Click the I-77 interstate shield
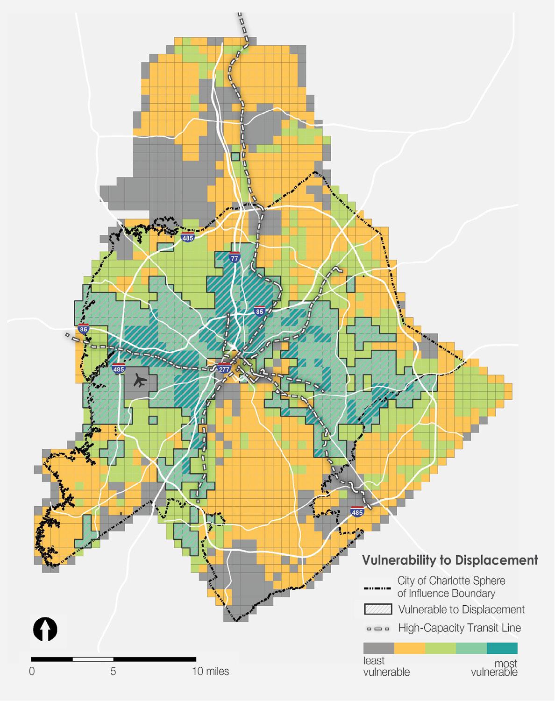(235, 257)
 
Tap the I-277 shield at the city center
(224, 368)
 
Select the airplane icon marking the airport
(139, 382)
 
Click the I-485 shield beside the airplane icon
(119, 368)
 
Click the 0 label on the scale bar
(32, 672)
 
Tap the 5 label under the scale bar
(113, 672)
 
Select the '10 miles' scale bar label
(210, 672)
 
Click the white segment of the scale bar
(92, 659)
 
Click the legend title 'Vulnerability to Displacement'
(450, 559)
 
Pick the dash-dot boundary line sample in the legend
(377, 587)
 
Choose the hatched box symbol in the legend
(377, 609)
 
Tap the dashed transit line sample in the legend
(377, 628)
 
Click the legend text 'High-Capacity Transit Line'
(459, 628)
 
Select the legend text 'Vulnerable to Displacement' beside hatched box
(461, 609)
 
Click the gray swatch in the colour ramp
(379, 648)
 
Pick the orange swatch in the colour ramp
(410, 648)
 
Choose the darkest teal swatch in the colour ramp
(502, 648)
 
